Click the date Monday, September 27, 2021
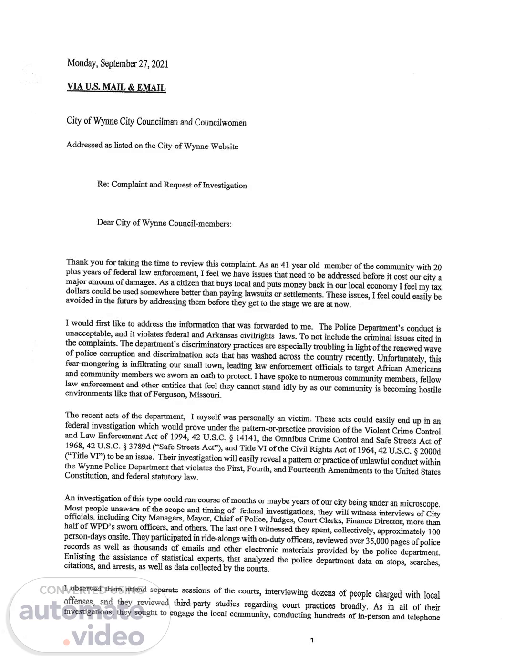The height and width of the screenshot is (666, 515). [117, 63]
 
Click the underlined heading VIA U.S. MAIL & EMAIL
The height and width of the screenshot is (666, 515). [116, 87]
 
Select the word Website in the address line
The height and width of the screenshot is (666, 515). [223, 146]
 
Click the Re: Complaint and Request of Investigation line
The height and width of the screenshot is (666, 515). [172, 185]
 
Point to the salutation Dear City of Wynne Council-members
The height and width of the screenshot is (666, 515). [164, 223]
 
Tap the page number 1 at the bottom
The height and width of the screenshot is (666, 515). [312, 640]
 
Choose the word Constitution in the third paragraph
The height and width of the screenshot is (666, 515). [86, 476]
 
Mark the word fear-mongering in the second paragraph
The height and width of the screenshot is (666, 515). [92, 364]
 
